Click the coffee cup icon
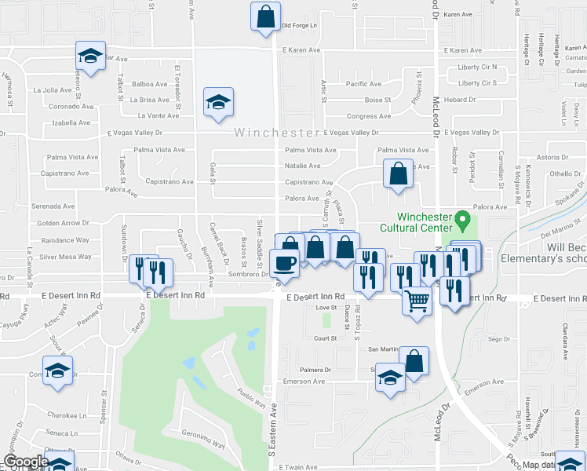pos(283,263)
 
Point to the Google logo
pos(25,462)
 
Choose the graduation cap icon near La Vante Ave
pos(218,101)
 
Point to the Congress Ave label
pos(363,116)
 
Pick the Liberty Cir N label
pos(478,68)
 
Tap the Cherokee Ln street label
pos(67,415)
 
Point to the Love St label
pos(326,309)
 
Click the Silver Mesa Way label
pos(65,257)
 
